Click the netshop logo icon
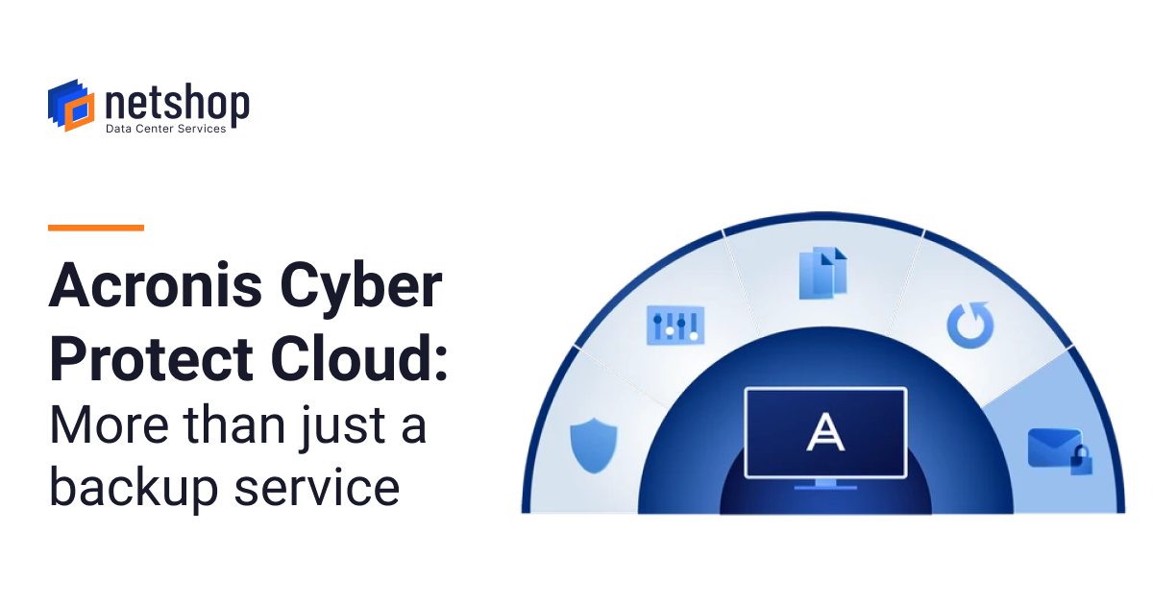(71, 105)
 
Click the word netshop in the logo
(177, 103)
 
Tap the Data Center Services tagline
(165, 129)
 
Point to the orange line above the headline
(96, 228)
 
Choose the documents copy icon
(822, 272)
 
